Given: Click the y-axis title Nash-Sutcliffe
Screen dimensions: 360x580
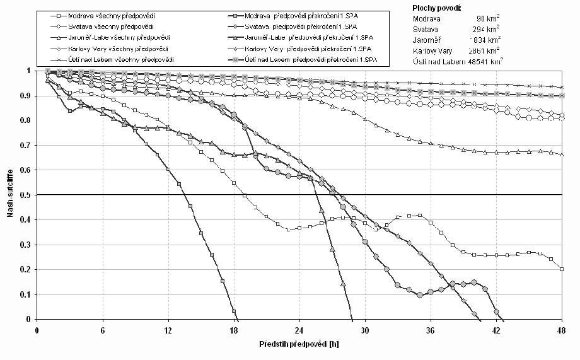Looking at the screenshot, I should click(10, 195).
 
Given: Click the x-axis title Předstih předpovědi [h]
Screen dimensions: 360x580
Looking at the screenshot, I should click(299, 345).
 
